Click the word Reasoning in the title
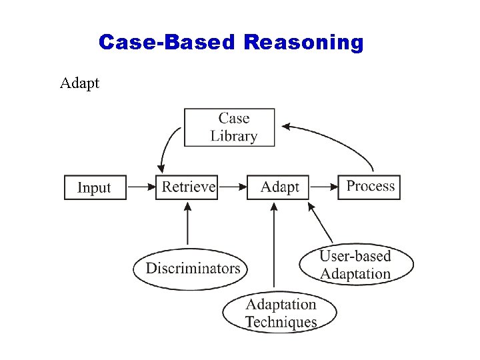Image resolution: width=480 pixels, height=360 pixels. pyautogui.click(x=303, y=43)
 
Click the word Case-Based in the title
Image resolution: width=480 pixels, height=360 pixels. pyautogui.click(x=167, y=43)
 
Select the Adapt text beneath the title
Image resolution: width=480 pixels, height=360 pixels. pyautogui.click(x=79, y=83)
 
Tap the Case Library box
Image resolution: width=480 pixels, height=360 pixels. pyautogui.click(x=229, y=127)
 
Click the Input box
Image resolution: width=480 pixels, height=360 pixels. pyautogui.click(x=95, y=187)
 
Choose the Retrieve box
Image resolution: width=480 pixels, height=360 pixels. pyautogui.click(x=187, y=187)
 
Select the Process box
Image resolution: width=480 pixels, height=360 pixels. pyautogui.click(x=369, y=186)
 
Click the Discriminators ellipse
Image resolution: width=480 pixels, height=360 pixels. pyautogui.click(x=191, y=269)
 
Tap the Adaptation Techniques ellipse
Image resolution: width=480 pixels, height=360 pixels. pyautogui.click(x=279, y=313)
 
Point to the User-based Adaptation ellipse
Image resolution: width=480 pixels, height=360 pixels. pyautogui.click(x=355, y=265)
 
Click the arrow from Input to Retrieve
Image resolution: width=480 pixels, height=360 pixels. pyautogui.click(x=141, y=187)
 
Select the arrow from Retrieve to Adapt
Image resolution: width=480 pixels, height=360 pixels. pyautogui.click(x=232, y=187)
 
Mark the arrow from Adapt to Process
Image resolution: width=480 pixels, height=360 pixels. pyautogui.click(x=323, y=187)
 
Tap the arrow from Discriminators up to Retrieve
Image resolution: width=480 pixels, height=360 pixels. pyautogui.click(x=187, y=223)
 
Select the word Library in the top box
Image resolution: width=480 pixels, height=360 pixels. pyautogui.click(x=233, y=136)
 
